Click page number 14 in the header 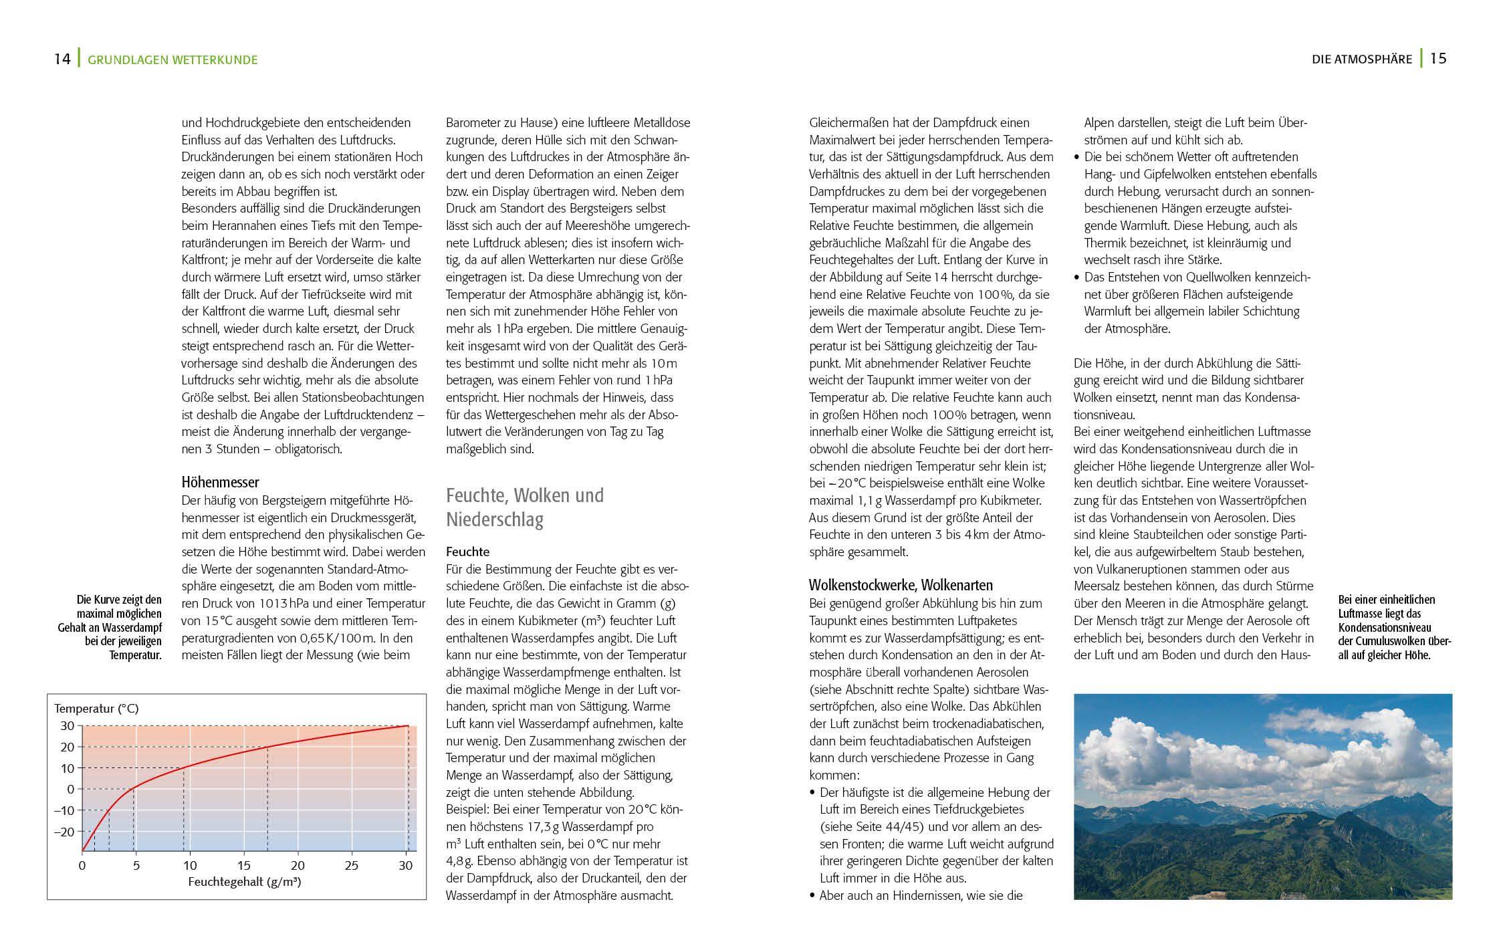tap(62, 59)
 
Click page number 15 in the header tap(1438, 58)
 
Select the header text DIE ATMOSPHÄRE tap(1361, 60)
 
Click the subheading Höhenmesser tap(220, 482)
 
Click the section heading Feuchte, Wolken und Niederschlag tap(525, 507)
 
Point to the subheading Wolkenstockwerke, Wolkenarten tap(901, 585)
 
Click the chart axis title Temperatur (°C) tap(96, 709)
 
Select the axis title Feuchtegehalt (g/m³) tap(244, 881)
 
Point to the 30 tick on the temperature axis tap(67, 726)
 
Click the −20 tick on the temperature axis tap(64, 832)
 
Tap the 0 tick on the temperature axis tap(70, 790)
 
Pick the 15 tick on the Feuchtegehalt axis tap(244, 866)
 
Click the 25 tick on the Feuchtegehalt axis tap(352, 866)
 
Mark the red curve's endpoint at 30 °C tap(407, 726)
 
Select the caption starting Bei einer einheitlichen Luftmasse tap(1394, 627)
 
